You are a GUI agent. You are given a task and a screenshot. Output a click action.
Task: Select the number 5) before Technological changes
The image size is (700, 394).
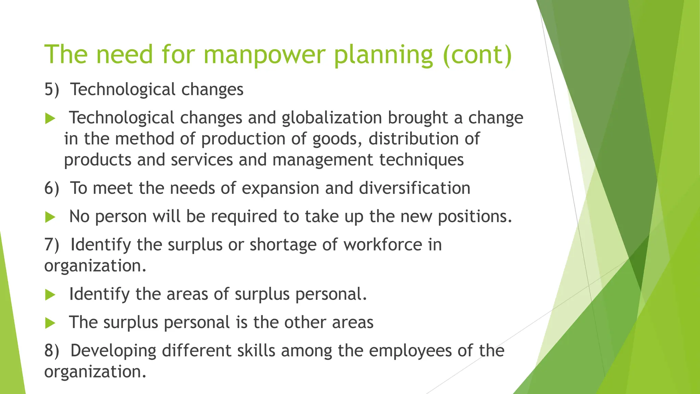[52, 90]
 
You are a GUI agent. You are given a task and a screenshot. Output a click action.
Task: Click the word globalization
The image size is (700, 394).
[332, 118]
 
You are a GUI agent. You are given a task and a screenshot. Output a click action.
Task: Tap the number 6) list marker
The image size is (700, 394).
[52, 188]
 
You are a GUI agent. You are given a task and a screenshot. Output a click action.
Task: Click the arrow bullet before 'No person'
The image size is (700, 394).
[50, 217]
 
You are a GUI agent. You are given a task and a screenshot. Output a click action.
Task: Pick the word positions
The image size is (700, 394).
[475, 216]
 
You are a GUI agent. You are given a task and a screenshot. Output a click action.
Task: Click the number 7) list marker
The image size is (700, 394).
[52, 245]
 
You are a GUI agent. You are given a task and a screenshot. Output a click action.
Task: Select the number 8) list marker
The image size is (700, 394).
[52, 351]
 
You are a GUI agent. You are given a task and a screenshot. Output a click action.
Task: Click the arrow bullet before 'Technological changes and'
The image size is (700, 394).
[50, 119]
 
